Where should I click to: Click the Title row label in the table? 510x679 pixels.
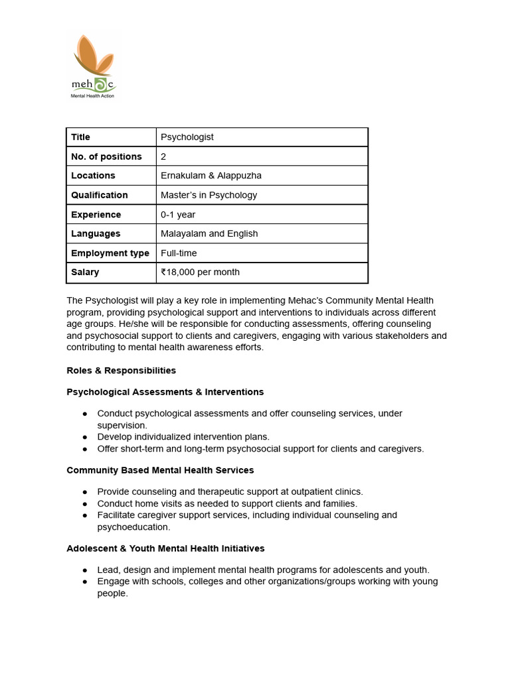tap(80, 137)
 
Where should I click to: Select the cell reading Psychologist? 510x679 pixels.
tap(187, 137)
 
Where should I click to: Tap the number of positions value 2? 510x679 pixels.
tap(163, 156)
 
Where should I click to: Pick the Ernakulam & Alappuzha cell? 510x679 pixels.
tap(211, 176)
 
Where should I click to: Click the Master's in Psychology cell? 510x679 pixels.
tap(209, 195)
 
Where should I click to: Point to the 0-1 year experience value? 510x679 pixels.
tap(178, 215)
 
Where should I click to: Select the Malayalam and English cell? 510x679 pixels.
tap(209, 233)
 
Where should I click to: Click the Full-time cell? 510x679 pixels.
tap(179, 253)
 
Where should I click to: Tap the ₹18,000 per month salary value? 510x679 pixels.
tap(200, 272)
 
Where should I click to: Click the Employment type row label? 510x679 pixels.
tap(110, 253)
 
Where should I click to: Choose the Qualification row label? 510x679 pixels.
tap(99, 195)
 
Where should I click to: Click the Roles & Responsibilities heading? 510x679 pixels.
tap(121, 370)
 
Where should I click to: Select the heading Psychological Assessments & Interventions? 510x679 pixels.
tap(165, 392)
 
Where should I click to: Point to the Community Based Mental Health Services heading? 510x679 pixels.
tap(160, 470)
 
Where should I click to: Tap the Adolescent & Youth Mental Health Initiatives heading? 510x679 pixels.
tap(165, 548)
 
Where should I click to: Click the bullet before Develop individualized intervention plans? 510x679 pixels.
tap(85, 437)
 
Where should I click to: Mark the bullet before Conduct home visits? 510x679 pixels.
tap(85, 504)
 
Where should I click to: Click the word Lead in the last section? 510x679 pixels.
tap(108, 570)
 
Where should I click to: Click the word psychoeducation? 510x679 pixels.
tap(133, 527)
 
